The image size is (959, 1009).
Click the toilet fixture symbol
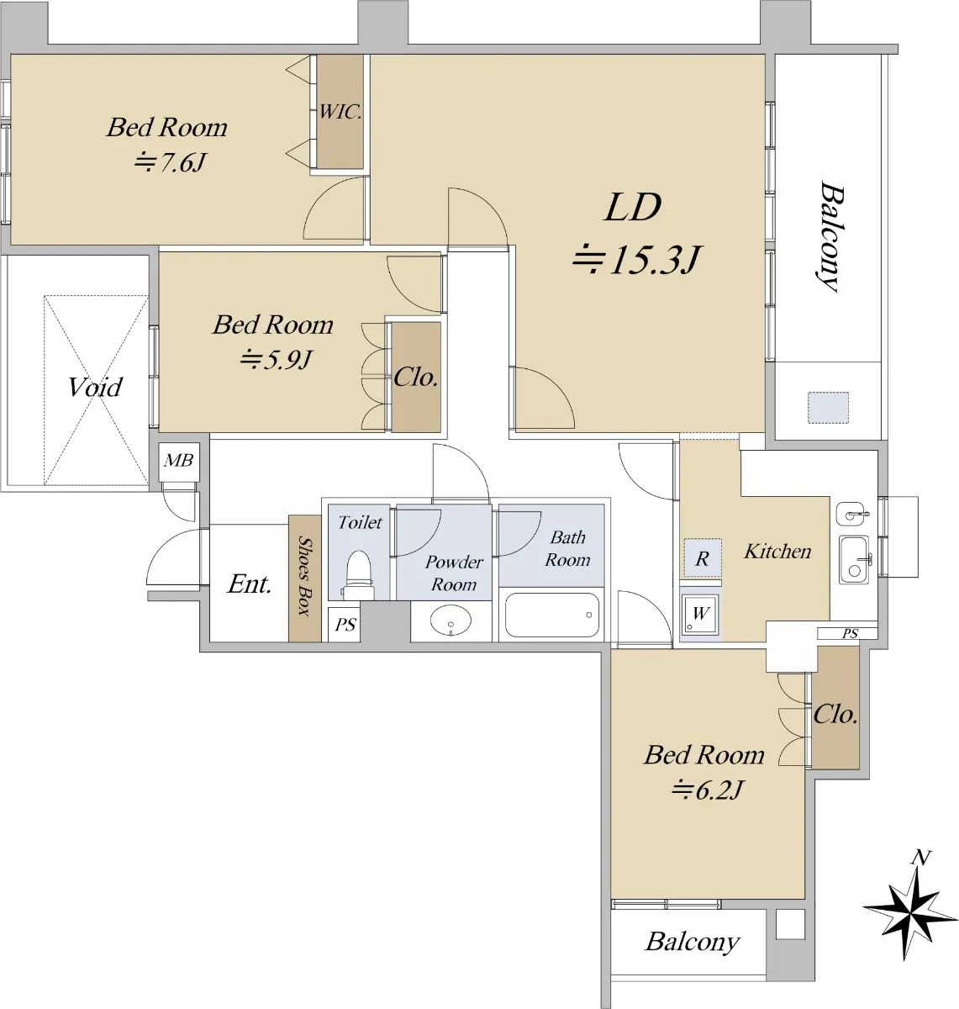coord(358,575)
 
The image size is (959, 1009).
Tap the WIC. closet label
coord(340,111)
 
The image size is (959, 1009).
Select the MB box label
coord(178,461)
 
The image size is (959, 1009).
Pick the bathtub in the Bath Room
coord(551,615)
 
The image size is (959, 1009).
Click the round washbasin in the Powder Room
coord(451,620)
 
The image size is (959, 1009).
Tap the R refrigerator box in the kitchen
coord(703,557)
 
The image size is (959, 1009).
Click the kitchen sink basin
coord(854,560)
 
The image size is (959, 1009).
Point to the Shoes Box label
coord(304,576)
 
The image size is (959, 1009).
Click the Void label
coord(96,387)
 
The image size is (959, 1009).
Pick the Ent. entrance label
coord(250,584)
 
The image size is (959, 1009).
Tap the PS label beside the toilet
coord(345,624)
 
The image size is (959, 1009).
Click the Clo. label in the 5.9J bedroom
coord(416,378)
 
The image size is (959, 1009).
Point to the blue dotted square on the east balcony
coord(828,408)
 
